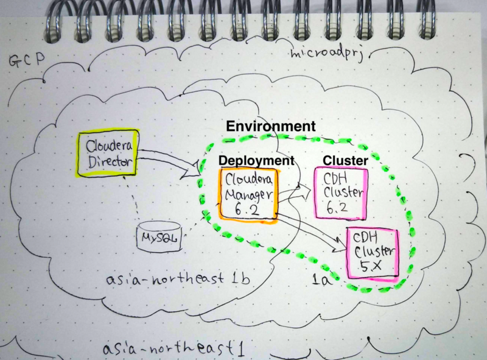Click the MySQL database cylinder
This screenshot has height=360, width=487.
point(158,238)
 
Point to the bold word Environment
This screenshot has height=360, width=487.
point(270,126)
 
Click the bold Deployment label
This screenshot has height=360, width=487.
point(256,160)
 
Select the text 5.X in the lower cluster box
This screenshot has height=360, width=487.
point(372,266)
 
